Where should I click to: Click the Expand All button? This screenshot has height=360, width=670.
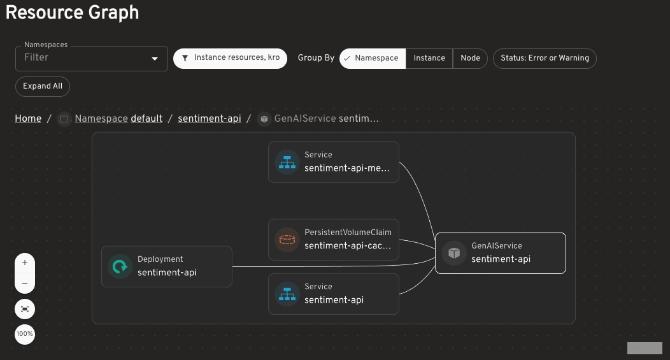tap(43, 87)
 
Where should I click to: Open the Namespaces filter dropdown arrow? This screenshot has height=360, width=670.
tap(155, 59)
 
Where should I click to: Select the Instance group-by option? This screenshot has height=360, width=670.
tap(429, 58)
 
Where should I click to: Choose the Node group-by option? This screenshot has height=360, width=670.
tap(470, 58)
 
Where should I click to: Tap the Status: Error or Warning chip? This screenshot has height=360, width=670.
tap(545, 58)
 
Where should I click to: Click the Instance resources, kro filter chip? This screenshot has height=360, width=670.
tap(231, 58)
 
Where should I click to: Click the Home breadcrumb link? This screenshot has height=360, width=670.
tap(28, 119)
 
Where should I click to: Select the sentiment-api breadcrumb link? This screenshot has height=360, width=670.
tap(210, 119)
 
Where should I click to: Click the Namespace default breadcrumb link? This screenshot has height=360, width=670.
tap(118, 119)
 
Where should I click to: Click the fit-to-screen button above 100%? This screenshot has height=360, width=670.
tap(25, 309)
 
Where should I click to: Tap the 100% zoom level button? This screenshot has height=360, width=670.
tap(25, 334)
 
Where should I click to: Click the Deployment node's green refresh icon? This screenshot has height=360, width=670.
tap(120, 267)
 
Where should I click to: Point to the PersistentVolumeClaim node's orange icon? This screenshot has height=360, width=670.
tap(287, 240)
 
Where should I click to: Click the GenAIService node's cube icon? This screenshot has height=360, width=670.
tap(454, 253)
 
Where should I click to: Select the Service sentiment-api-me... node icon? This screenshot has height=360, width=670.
tap(287, 162)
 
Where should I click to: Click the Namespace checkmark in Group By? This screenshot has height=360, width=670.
tap(347, 58)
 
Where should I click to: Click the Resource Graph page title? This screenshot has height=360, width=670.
tap(72, 12)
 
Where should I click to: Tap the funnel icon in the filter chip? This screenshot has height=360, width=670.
tap(185, 58)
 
